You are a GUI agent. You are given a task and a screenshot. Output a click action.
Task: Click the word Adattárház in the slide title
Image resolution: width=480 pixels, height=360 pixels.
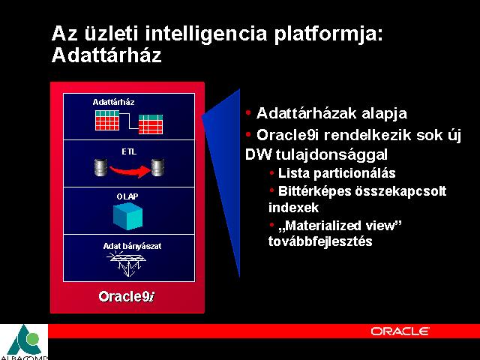[106, 55]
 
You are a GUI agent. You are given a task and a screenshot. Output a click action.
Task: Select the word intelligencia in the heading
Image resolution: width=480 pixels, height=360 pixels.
[206, 34]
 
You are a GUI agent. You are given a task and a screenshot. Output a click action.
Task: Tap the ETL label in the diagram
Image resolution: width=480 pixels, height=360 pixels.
[129, 151]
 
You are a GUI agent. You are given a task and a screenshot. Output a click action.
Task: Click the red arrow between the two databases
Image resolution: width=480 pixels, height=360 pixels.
[130, 171]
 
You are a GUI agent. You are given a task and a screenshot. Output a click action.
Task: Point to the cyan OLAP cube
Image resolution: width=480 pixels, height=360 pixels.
[128, 216]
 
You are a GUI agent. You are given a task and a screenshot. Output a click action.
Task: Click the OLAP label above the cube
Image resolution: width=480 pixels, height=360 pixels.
[127, 196]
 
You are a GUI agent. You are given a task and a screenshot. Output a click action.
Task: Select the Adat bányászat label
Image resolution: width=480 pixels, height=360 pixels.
[132, 246]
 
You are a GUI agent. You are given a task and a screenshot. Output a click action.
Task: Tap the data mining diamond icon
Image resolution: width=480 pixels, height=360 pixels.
[127, 264]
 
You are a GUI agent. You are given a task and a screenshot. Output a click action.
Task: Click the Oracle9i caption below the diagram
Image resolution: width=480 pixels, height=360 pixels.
[127, 296]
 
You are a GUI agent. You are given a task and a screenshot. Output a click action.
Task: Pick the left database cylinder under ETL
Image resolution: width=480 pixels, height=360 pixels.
[100, 167]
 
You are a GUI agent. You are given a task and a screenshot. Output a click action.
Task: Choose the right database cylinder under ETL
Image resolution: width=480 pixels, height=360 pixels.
[157, 167]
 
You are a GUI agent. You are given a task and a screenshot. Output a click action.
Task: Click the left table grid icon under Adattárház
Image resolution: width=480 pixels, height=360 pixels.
[107, 120]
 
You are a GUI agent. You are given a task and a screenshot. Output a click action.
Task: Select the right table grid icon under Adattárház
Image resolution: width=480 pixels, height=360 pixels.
[151, 124]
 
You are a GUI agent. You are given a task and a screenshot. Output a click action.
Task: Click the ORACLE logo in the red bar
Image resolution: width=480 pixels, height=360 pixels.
[400, 331]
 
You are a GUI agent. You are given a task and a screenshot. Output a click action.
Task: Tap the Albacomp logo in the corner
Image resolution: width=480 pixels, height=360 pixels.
[24, 342]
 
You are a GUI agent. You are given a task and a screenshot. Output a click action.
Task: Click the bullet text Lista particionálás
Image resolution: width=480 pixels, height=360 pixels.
[337, 173]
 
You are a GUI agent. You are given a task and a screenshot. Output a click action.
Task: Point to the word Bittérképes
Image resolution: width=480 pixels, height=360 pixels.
[315, 192]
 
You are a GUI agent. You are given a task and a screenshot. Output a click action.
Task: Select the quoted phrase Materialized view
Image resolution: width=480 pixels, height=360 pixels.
[340, 226]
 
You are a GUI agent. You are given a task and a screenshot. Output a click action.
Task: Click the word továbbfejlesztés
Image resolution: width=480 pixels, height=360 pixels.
[320, 241]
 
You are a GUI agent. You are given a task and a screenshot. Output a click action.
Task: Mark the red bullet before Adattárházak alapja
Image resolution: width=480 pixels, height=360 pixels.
[248, 112]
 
